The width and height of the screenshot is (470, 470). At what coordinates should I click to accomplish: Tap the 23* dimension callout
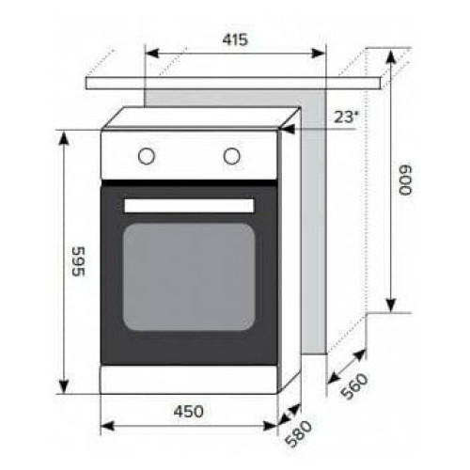[346, 117]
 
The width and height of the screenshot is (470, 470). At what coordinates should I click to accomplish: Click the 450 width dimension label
[189, 411]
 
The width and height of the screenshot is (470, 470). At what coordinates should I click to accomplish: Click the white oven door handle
[189, 205]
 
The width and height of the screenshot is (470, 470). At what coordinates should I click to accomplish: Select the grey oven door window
[189, 276]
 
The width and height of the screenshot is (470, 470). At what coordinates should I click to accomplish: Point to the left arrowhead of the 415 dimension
[151, 54]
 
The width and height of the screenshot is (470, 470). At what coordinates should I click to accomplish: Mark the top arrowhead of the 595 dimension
[64, 137]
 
